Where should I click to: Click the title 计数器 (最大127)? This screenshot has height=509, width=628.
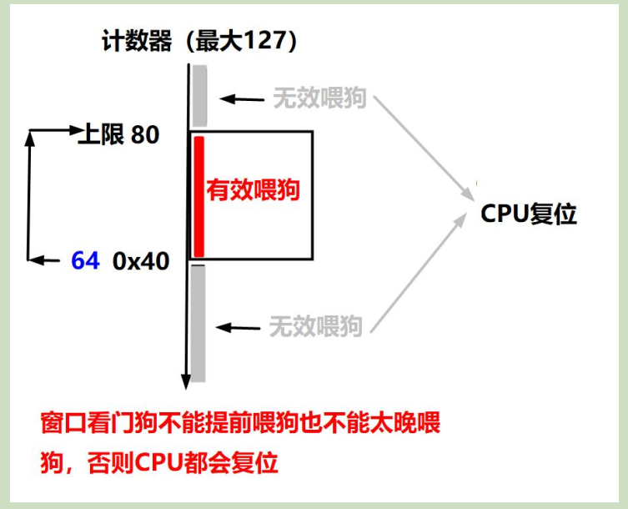pos(198,41)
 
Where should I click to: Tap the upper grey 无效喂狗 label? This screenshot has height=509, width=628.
pos(319,98)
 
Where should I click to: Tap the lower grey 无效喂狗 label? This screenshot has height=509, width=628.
pos(316,325)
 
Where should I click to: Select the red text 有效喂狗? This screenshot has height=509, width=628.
pos(253,190)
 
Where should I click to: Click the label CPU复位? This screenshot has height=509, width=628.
pos(529,214)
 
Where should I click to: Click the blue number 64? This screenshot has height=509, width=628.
pos(85,261)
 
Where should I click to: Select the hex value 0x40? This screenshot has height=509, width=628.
pos(141,261)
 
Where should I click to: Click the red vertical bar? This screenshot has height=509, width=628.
pos(199,197)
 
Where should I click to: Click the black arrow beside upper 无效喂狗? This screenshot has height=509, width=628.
pos(242,99)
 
